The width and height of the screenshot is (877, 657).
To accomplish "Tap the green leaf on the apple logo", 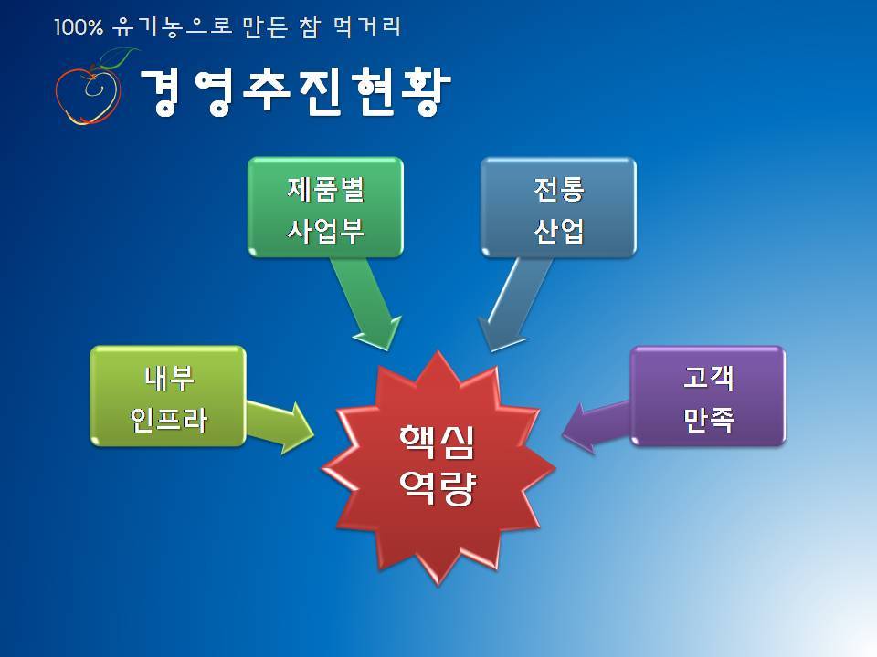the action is point(120,57).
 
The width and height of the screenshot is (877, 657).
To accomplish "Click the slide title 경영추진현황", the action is point(295,91).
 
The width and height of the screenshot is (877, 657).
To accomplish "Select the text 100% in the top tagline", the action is point(79,27).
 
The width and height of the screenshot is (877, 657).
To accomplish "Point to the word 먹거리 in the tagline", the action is point(367,27).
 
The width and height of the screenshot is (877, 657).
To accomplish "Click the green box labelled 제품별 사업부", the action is point(325,207).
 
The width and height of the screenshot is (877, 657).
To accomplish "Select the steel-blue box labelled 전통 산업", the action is point(558,207).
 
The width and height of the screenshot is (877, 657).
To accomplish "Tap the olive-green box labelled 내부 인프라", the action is point(168,396).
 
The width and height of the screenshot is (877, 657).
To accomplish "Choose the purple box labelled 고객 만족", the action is point(708,396).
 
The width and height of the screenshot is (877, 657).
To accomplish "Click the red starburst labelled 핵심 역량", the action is point(438,467).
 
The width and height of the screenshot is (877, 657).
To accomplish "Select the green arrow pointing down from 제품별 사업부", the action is point(367,302).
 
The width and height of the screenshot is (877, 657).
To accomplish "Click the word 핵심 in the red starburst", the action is point(438,443).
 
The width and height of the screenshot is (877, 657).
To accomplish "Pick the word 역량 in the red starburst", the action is point(438,487).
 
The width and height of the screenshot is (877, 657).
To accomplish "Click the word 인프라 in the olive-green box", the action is point(168,419).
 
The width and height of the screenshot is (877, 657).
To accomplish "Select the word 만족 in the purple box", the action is point(708,419).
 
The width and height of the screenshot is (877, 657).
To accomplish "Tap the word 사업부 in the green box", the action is point(325,230).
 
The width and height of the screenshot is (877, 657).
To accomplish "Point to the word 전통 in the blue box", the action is point(559,189).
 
